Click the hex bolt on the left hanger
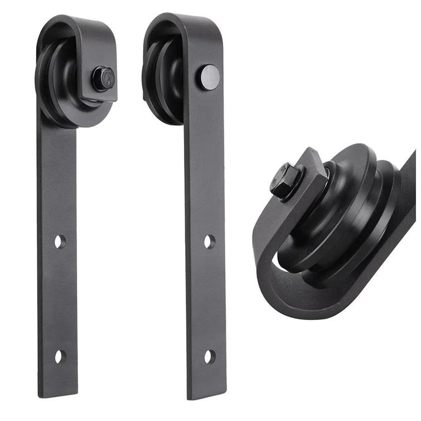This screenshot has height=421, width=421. [103, 78]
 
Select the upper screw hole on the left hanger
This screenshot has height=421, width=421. [60, 242]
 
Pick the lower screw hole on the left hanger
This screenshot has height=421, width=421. [60, 356]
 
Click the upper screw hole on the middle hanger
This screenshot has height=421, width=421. [209, 241]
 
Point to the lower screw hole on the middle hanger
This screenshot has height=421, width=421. [209, 355]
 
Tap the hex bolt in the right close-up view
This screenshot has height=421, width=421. [287, 180]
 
